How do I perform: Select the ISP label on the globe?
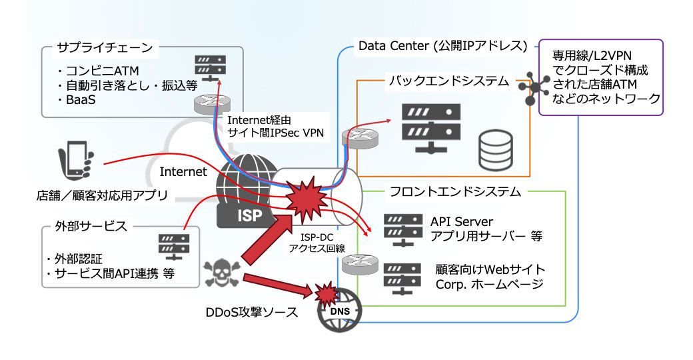[241, 215]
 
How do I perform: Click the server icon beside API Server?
[403, 229]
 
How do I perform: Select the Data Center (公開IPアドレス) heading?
[442, 46]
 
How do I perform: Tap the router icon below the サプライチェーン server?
[210, 103]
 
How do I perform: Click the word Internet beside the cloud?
[183, 172]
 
